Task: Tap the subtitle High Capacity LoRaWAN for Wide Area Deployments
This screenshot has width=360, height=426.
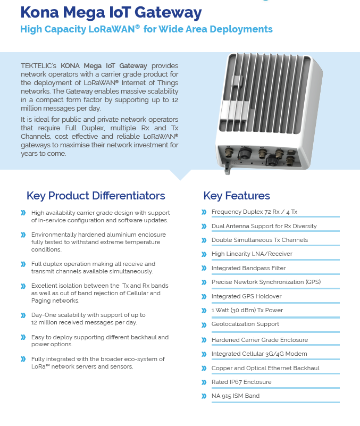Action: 146,29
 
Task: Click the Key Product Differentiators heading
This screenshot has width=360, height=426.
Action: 96,196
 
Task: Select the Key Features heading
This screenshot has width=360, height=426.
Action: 237,196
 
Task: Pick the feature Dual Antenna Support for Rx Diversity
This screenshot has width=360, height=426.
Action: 264,226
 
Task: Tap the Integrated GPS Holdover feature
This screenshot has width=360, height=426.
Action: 246,296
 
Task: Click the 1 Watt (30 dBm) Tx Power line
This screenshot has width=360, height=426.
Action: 247,310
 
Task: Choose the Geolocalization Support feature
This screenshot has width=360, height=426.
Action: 245,324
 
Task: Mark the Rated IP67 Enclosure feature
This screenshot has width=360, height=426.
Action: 241,382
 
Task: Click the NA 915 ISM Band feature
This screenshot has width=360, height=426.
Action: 235,396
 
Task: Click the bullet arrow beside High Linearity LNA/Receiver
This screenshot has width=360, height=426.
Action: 204,254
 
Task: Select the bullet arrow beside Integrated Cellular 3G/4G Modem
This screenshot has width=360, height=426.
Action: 204,354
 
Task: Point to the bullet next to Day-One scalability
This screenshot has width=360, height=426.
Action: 23,315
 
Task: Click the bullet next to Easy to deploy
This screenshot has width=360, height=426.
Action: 23,337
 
